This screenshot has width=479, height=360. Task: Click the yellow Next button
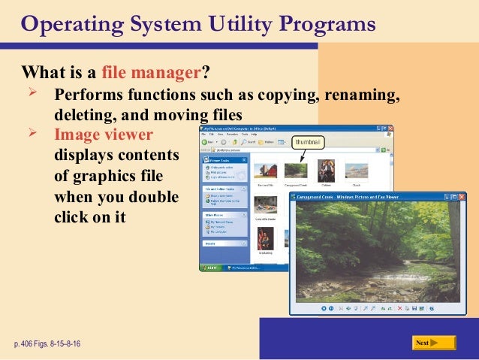pyautogui.click(x=434, y=343)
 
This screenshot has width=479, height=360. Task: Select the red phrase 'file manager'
pyautogui.click(x=153, y=74)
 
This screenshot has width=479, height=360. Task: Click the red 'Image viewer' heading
pyautogui.click(x=104, y=135)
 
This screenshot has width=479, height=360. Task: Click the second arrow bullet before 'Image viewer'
pyautogui.click(x=32, y=135)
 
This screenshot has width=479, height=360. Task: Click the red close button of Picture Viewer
pyautogui.click(x=455, y=198)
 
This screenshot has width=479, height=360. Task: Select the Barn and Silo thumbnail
pyautogui.click(x=264, y=171)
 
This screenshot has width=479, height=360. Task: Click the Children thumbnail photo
pyautogui.click(x=327, y=169)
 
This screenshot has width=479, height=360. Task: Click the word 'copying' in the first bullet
pyautogui.click(x=289, y=97)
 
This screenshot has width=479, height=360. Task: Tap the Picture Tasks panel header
pyautogui.click(x=224, y=160)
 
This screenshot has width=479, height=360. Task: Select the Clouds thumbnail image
pyautogui.click(x=357, y=171)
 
